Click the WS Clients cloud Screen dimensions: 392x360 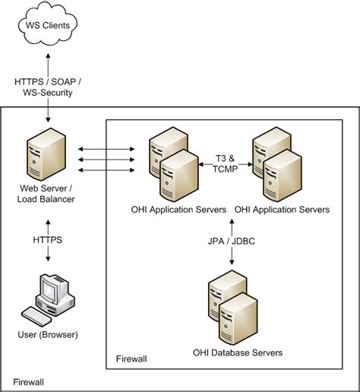click(x=49, y=26)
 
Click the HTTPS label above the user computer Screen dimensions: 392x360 click(x=47, y=239)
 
